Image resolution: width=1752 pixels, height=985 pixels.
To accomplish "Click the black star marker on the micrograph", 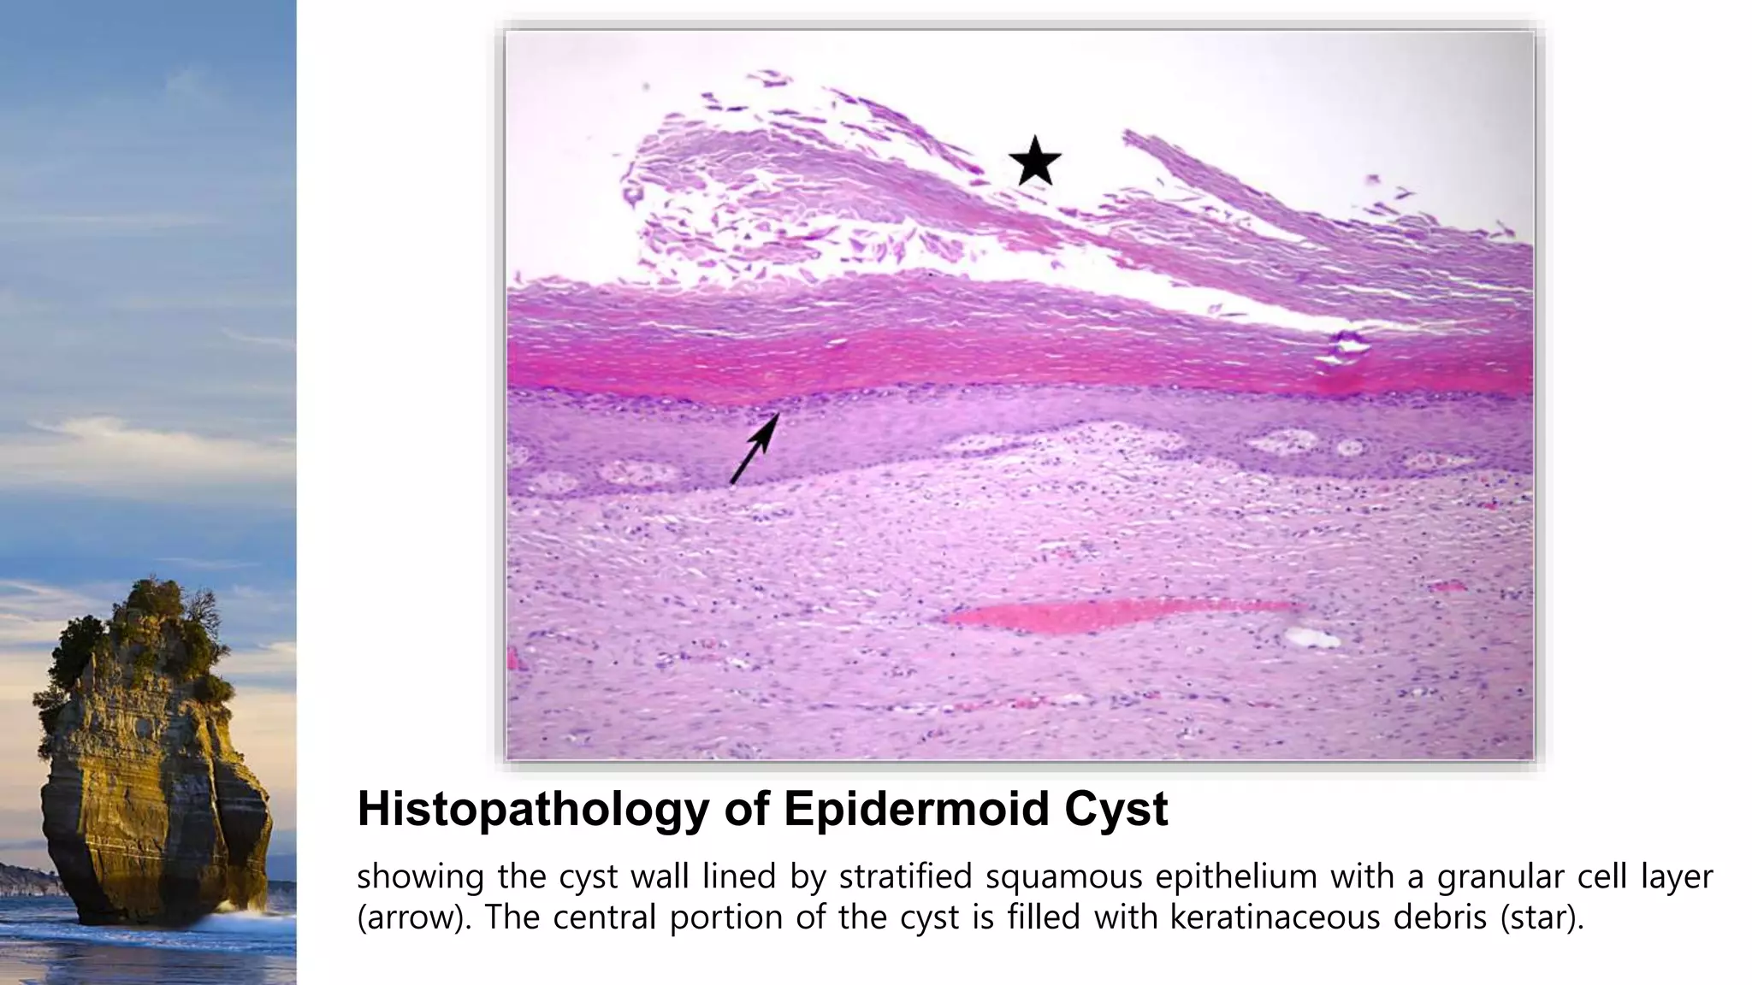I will [1034, 161].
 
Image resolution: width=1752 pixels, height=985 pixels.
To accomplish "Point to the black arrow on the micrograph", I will [755, 448].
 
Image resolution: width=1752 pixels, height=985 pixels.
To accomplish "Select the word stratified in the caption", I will [906, 877].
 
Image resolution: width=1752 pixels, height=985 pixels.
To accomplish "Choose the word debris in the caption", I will [1441, 917].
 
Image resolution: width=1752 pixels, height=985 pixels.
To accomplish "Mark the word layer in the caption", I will [1676, 877].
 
